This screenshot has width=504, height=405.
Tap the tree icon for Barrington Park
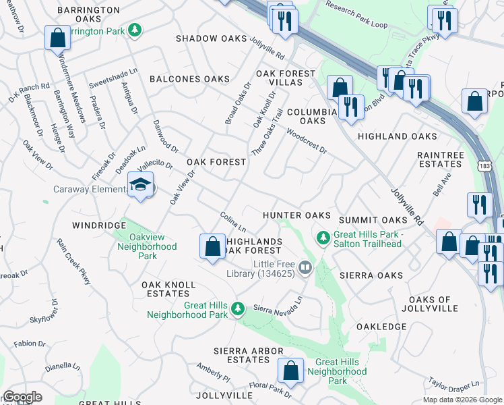[x=135, y=30]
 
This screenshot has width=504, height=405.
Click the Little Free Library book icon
[x=305, y=269]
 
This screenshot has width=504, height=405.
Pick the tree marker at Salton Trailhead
[x=323, y=238]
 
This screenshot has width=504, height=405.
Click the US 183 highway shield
[x=485, y=166]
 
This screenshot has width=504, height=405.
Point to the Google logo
[x=22, y=397]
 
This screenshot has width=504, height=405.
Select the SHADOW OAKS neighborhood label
[x=212, y=39]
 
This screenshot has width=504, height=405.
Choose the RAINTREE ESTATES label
[x=441, y=159]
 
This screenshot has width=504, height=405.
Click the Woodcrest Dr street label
[x=306, y=140]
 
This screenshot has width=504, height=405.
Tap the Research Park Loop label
[x=356, y=13]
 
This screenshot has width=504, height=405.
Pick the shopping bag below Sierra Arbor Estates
[x=290, y=371]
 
